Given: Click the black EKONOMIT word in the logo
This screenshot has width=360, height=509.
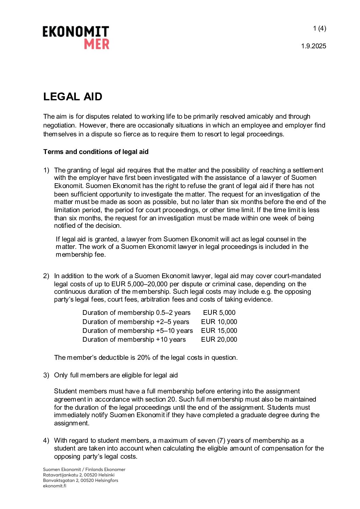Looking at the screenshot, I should [76, 32].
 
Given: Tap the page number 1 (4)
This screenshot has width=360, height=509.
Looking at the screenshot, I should [320, 29].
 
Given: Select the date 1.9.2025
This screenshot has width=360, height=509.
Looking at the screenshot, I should [313, 46].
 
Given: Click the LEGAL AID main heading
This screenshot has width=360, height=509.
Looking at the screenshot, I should [73, 97].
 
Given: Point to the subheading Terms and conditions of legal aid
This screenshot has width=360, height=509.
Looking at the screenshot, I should [96, 152].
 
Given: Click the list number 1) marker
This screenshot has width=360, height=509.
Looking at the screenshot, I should [46, 170].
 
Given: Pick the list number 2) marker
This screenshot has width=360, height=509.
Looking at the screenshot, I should [46, 276].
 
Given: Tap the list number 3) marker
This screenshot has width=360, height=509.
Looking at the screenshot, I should [46, 375].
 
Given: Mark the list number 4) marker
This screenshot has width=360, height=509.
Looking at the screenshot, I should [46, 440].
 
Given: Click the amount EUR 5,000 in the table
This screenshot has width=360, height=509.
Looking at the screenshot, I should [219, 313].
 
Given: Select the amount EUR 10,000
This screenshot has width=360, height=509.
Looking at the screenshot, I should [219, 322].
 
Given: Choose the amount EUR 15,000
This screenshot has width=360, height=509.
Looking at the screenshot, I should [219, 330].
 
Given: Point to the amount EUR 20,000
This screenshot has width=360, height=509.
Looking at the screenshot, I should [219, 339].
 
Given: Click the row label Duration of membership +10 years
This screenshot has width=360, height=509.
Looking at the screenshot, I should [134, 339].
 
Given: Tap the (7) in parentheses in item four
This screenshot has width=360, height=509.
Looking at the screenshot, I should [221, 440].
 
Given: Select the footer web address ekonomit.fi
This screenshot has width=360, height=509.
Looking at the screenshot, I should [54, 486].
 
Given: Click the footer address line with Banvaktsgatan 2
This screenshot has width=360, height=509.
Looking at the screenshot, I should [81, 480].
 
